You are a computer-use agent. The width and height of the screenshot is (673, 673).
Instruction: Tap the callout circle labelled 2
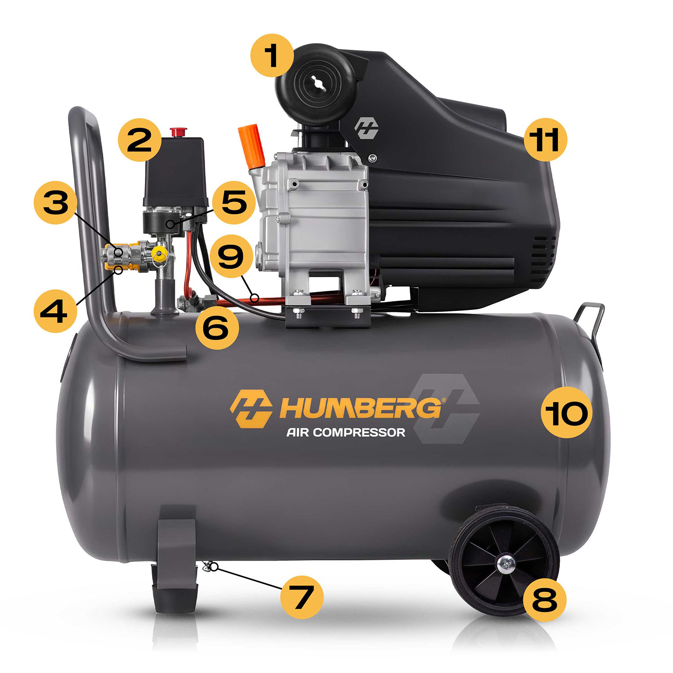point(140,140)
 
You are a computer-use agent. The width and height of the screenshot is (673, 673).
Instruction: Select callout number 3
point(56,202)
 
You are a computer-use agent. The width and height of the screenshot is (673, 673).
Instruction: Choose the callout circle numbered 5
point(234,202)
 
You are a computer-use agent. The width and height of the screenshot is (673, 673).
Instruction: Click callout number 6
point(217,328)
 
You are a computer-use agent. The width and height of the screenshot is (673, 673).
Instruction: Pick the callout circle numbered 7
point(302,597)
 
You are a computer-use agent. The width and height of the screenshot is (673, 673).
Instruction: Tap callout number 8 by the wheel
point(545,599)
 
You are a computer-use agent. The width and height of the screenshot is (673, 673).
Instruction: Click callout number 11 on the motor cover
point(546,140)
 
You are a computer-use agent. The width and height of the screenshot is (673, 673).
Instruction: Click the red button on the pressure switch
point(178,132)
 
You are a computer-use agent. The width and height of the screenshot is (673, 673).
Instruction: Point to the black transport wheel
point(504,561)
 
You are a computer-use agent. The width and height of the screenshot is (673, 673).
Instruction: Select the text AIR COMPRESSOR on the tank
point(346,433)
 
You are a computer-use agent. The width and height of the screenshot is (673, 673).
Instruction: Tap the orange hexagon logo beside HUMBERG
point(251,408)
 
